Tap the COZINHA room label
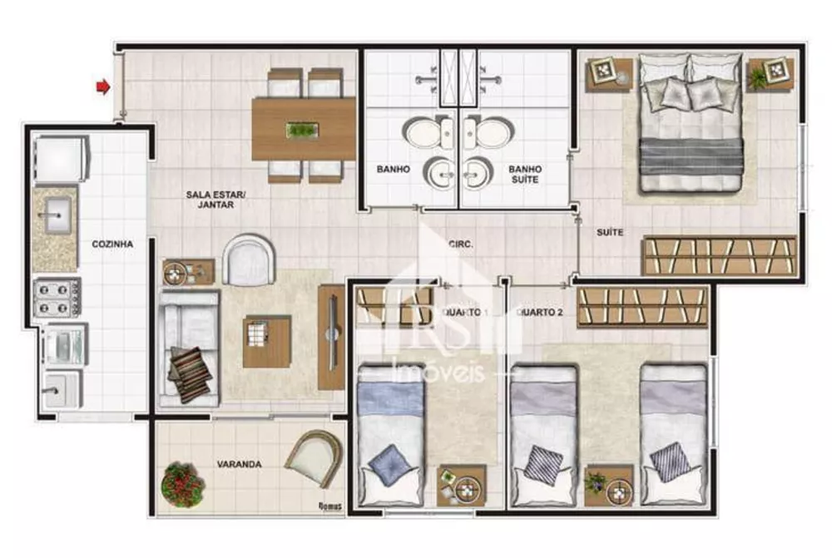point(112,244)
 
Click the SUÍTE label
point(609,232)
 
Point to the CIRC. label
point(460,244)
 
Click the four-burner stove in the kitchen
point(57,297)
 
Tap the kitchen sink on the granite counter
point(56,216)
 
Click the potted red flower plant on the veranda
point(182,483)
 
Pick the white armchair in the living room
point(250,260)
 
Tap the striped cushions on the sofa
point(191,373)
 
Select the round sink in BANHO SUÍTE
point(480,173)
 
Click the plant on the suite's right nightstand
point(760,76)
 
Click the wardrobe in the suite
point(719,256)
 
